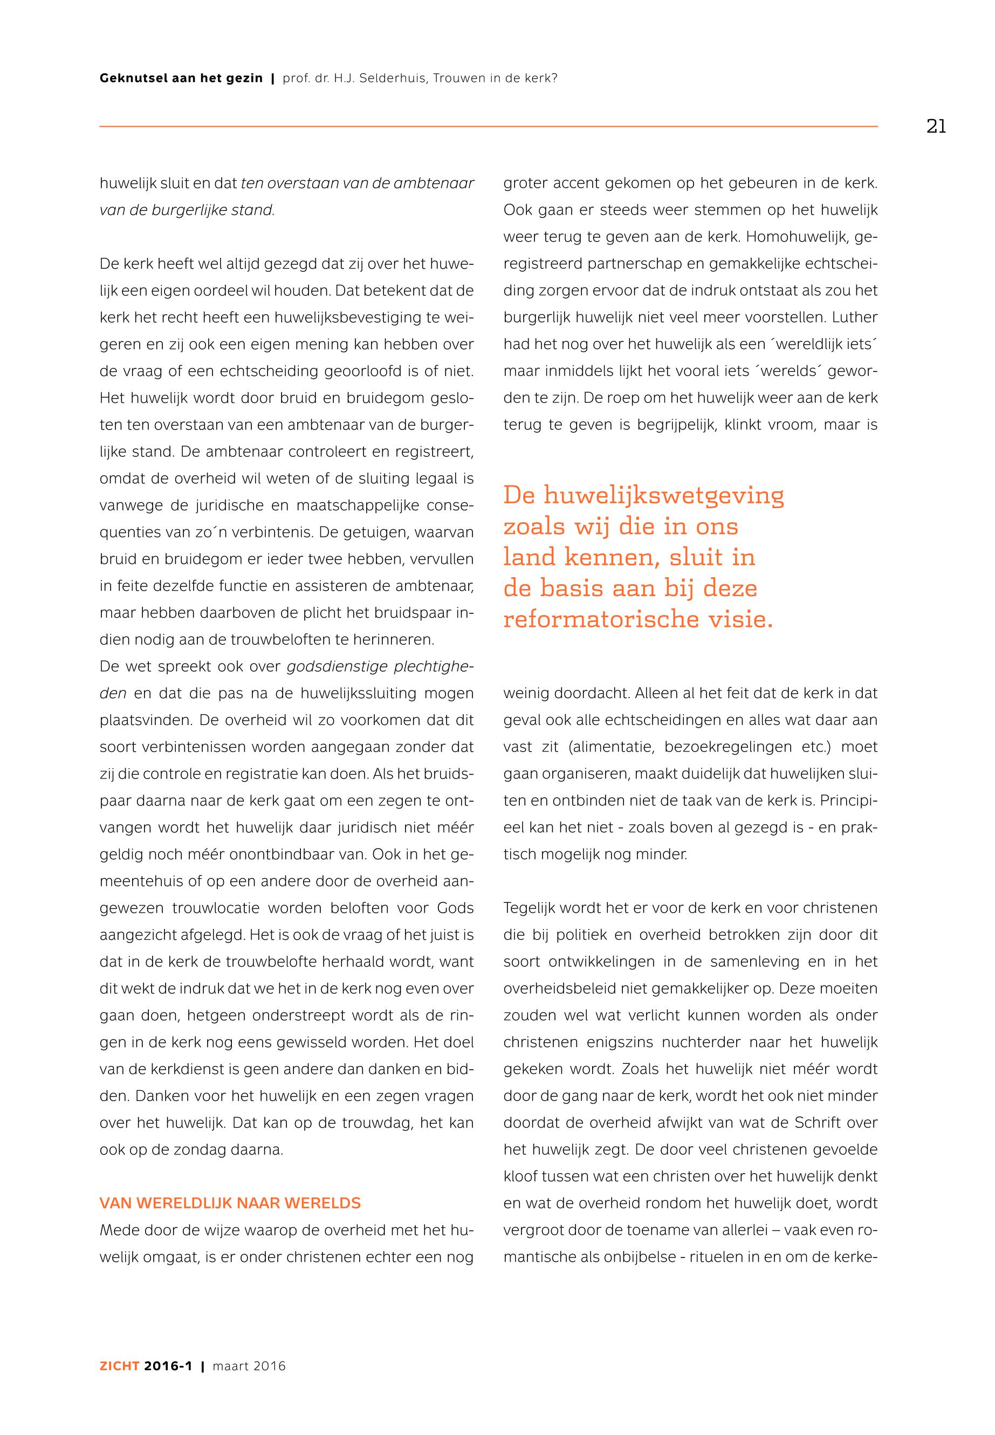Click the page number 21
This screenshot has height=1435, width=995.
(936, 127)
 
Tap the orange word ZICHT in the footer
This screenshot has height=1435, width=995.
(119, 1366)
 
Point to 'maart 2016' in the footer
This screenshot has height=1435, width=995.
(249, 1366)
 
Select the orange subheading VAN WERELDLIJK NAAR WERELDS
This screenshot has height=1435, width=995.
(230, 1203)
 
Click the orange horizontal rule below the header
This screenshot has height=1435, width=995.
(488, 127)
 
